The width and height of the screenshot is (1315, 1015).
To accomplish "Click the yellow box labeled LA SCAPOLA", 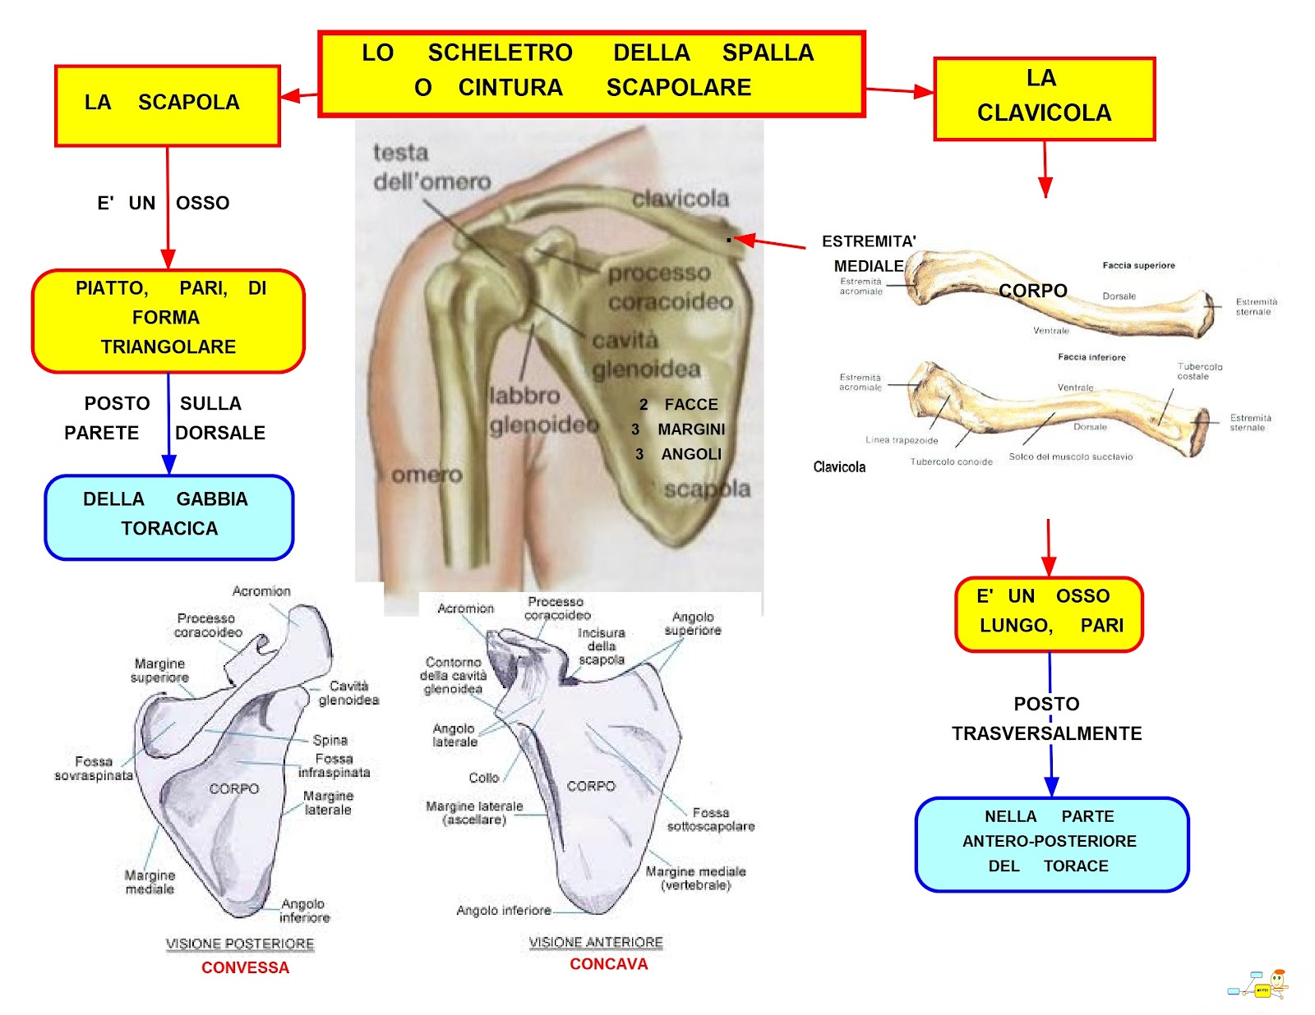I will [168, 106].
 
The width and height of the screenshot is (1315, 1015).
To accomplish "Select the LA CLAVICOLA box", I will [1044, 99].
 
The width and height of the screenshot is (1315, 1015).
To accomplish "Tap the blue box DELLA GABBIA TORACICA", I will [168, 517].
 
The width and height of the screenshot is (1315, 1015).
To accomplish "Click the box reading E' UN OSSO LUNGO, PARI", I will [1049, 613].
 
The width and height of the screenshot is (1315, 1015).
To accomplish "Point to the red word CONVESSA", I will [245, 967].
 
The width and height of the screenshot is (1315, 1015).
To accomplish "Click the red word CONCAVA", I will [608, 964].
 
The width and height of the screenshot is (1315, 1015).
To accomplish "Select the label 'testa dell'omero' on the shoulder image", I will [431, 167].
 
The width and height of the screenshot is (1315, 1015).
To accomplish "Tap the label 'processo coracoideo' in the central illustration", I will [670, 287].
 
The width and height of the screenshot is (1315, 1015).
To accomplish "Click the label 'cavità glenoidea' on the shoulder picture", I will [646, 355].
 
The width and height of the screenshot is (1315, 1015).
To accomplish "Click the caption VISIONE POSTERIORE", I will [240, 944].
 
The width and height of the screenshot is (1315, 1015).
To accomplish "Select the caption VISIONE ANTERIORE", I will [596, 942].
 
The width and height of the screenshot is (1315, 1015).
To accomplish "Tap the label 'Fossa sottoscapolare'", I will [710, 820].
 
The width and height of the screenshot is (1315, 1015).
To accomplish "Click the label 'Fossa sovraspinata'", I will [94, 769].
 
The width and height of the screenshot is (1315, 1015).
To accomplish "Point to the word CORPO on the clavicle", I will [1032, 291].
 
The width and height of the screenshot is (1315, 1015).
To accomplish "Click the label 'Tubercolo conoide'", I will [951, 462].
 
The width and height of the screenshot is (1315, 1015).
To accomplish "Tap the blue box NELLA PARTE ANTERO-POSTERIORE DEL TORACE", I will [1051, 843].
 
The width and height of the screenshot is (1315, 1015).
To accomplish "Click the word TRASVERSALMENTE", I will [1046, 733].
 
